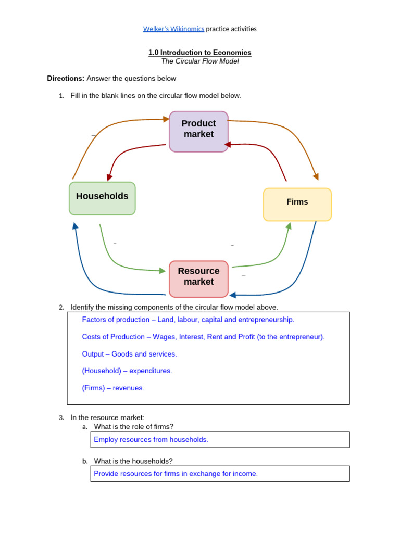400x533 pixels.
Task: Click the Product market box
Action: click(x=198, y=131)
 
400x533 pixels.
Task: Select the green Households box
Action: click(x=102, y=198)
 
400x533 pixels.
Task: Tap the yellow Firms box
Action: click(x=297, y=204)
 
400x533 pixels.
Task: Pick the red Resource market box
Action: click(x=198, y=278)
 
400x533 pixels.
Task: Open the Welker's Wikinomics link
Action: click(x=173, y=29)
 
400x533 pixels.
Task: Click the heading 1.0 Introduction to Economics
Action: click(x=200, y=53)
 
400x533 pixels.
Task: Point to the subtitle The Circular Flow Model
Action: click(x=200, y=61)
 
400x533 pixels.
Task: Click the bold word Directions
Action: click(x=66, y=79)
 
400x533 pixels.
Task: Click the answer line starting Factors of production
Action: click(x=188, y=320)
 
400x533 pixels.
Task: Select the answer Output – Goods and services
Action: click(x=129, y=354)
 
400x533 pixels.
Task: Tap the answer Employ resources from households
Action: click(x=151, y=440)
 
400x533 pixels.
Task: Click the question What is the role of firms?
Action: click(x=134, y=427)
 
